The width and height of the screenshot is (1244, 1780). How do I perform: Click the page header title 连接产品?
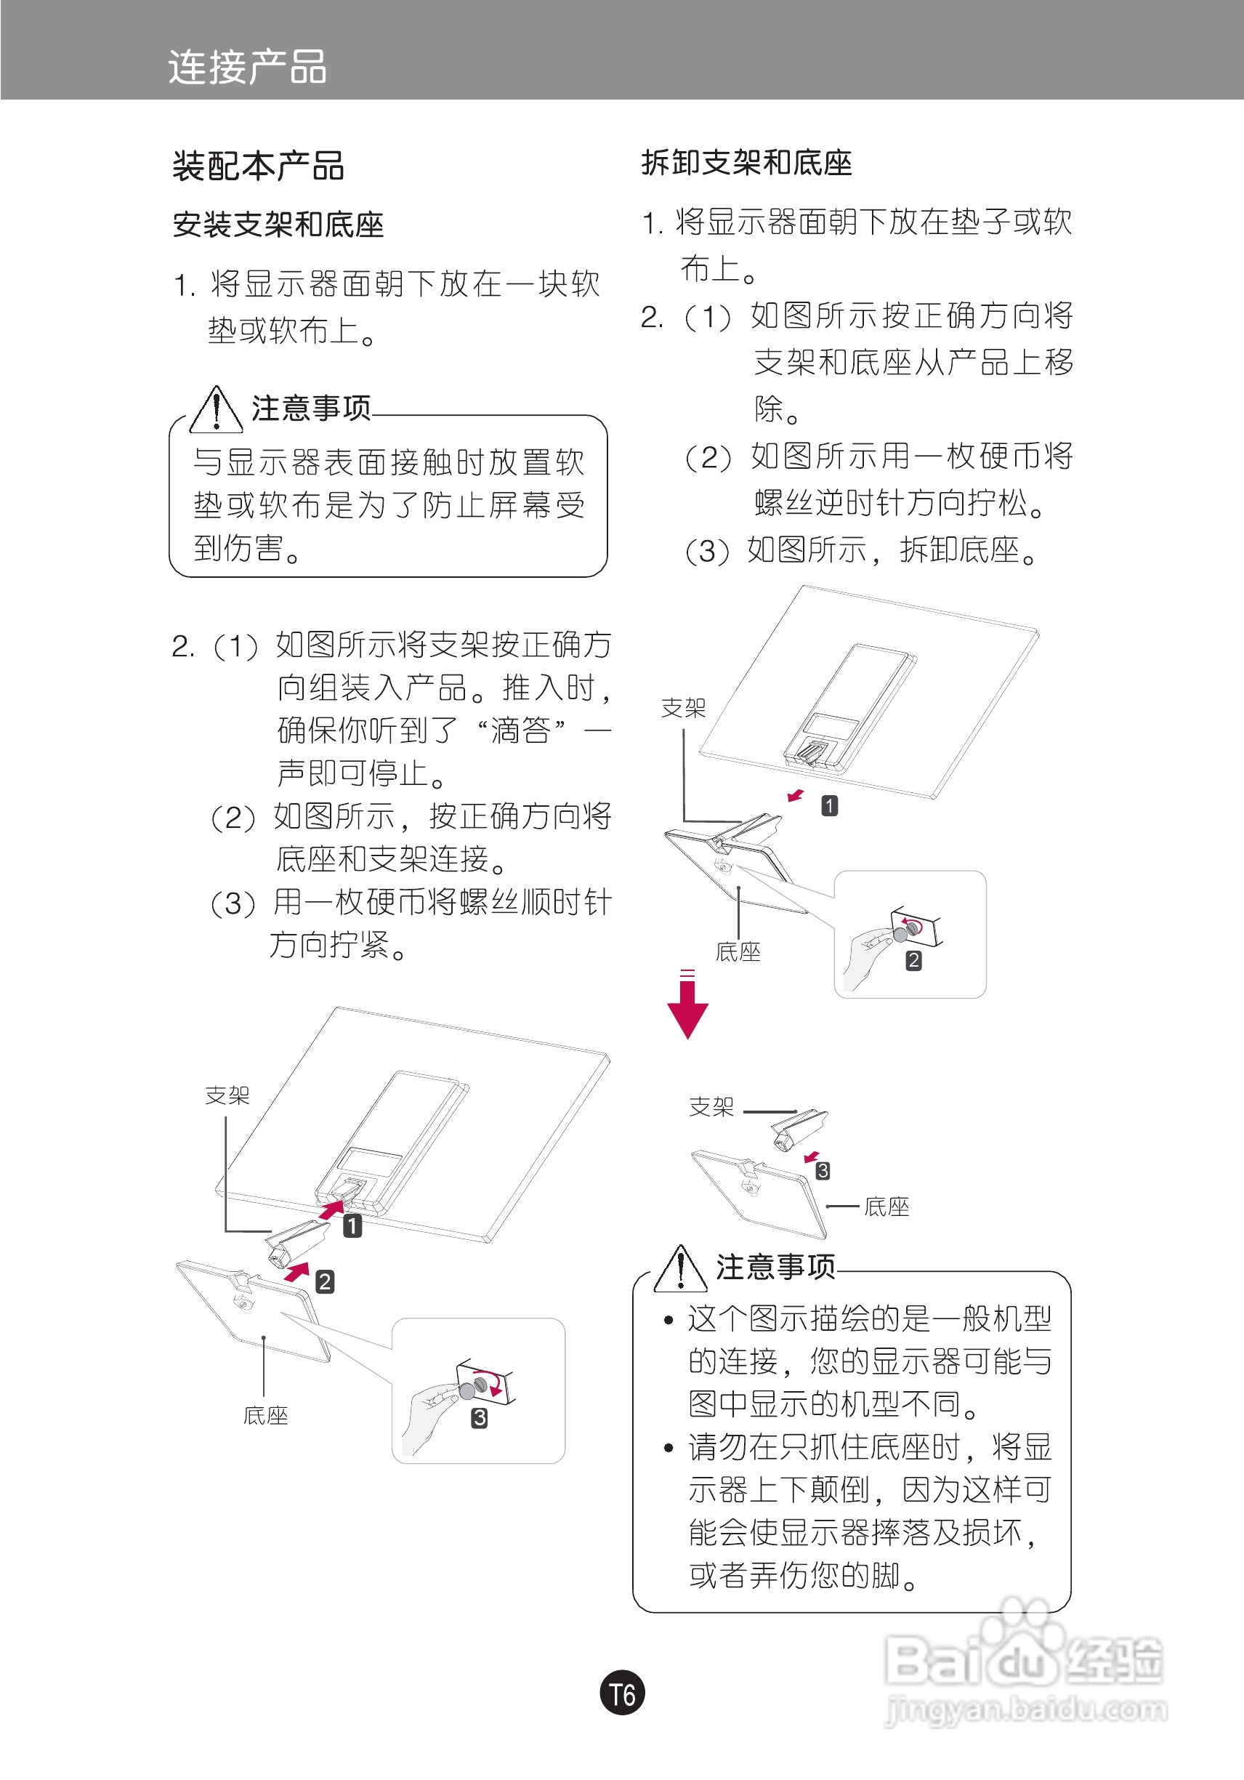click(247, 68)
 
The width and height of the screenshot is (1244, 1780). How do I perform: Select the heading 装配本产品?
click(258, 166)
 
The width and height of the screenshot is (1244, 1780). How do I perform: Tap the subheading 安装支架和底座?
click(278, 225)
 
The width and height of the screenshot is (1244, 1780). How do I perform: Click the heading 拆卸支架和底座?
click(746, 164)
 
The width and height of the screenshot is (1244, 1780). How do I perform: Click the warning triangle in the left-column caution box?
click(217, 411)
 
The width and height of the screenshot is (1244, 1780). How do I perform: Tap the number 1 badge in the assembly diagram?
click(352, 1225)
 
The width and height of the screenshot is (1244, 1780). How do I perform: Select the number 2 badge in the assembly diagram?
click(325, 1281)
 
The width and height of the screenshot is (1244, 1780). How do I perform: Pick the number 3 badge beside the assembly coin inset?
click(480, 1418)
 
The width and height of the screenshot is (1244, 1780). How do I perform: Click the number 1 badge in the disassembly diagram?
click(829, 806)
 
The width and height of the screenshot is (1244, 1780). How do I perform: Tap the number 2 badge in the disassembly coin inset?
click(914, 961)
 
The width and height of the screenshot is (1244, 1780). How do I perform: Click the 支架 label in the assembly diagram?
click(227, 1095)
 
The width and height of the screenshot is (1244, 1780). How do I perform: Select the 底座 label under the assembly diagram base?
click(266, 1417)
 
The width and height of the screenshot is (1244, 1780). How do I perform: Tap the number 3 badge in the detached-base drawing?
click(823, 1171)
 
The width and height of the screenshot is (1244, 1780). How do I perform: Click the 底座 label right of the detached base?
click(886, 1207)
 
